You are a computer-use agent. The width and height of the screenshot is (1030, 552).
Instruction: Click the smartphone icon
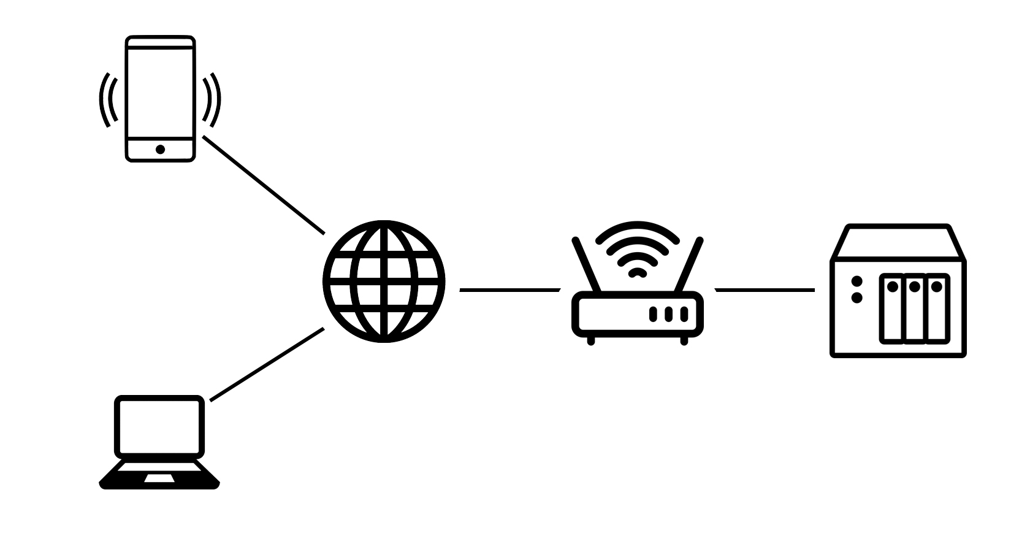click(x=160, y=98)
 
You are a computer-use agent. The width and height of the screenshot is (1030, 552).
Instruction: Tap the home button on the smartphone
click(x=160, y=149)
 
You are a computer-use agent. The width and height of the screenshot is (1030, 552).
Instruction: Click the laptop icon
click(x=159, y=442)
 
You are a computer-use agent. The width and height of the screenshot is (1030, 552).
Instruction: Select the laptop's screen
click(x=159, y=427)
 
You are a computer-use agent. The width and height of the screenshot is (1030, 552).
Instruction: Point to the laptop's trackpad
click(x=159, y=478)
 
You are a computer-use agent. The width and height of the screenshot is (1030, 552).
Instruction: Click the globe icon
click(x=384, y=281)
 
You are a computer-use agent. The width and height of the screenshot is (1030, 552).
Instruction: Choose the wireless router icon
click(x=638, y=307)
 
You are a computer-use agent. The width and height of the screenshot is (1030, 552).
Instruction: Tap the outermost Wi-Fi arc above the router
click(x=638, y=225)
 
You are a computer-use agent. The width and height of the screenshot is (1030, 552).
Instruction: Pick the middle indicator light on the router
click(x=668, y=315)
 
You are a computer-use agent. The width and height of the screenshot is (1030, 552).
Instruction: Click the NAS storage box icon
click(x=898, y=291)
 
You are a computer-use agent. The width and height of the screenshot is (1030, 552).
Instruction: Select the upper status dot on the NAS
click(x=857, y=282)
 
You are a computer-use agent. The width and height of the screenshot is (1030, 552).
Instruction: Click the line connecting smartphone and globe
click(x=264, y=185)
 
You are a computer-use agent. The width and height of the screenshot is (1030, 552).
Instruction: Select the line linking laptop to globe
click(x=267, y=364)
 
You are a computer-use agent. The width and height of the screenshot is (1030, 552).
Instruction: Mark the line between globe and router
click(x=509, y=289)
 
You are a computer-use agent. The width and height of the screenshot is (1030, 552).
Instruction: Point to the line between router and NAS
click(x=765, y=289)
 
